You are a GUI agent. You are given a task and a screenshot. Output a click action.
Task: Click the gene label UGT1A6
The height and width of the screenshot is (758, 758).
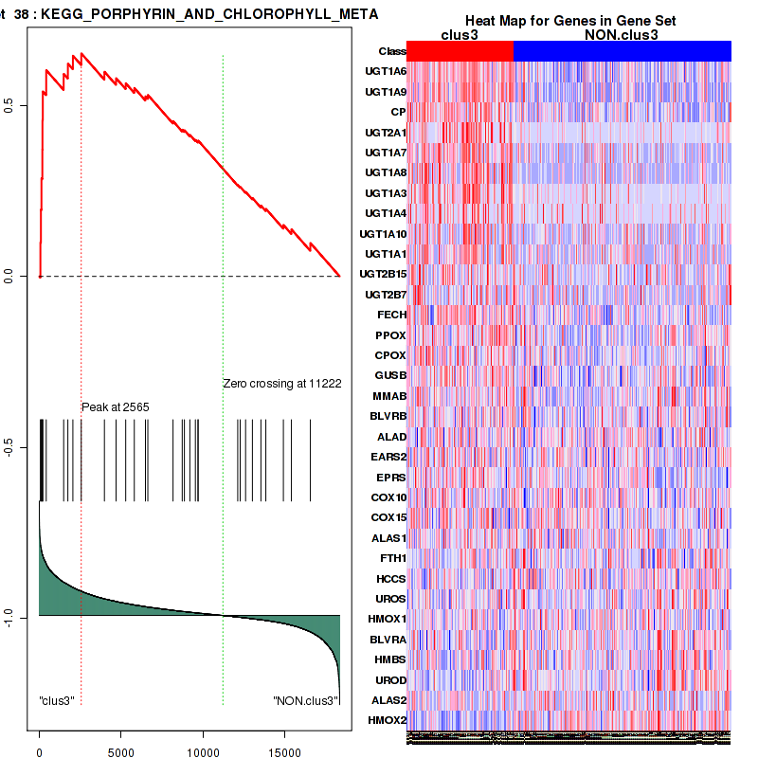pos(386,72)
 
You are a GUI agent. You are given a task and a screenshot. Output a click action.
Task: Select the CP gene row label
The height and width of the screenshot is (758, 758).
pos(398,112)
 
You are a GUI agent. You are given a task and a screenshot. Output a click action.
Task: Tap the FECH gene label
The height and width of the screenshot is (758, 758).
pos(391,315)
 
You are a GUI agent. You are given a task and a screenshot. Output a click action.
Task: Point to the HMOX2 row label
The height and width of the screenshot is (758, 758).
pos(388,721)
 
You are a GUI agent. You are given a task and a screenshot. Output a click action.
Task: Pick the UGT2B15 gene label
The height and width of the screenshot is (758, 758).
pos(384,274)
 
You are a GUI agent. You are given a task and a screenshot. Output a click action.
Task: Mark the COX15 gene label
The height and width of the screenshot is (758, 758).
pos(388,517)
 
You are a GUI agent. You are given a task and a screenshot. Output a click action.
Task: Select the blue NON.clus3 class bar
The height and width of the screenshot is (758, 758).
pos(622,51)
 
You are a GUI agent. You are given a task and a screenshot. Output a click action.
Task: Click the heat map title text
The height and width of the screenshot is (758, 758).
pos(568,21)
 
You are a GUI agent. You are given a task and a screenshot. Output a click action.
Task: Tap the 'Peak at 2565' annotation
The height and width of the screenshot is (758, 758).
pos(116,406)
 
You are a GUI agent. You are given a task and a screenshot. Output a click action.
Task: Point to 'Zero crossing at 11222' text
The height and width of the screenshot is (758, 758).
pos(281,384)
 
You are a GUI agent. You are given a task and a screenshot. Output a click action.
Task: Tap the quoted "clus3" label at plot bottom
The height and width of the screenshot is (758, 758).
pos(57,700)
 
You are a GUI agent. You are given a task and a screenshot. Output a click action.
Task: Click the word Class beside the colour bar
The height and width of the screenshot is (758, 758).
pos(392,51)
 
